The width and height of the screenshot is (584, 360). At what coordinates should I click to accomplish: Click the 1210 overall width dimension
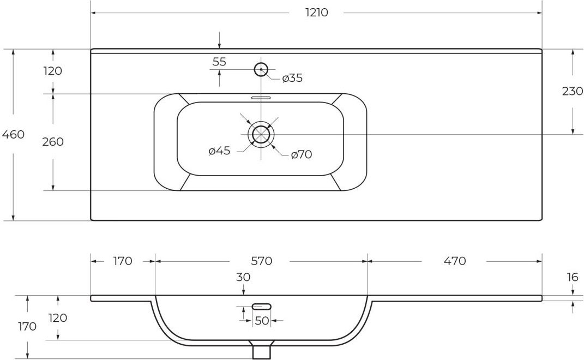click(x=317, y=13)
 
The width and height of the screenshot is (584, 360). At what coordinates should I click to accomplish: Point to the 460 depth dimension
click(x=14, y=134)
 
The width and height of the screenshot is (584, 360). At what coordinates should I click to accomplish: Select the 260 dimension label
click(x=53, y=142)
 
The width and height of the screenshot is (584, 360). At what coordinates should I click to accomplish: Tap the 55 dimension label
click(x=219, y=62)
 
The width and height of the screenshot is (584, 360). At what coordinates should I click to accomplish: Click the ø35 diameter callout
click(x=292, y=78)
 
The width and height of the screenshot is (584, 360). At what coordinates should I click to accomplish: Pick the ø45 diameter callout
click(x=219, y=151)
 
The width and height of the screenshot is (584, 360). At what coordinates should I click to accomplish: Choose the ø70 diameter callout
click(x=302, y=154)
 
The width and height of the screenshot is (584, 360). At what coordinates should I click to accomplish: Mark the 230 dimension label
click(x=573, y=91)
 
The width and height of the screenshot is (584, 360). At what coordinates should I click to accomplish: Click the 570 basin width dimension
click(x=261, y=261)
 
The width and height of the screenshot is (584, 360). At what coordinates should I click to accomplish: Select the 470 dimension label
click(x=455, y=261)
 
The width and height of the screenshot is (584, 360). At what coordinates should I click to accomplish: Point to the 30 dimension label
click(x=243, y=277)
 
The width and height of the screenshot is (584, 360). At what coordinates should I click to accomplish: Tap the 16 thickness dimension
click(x=573, y=277)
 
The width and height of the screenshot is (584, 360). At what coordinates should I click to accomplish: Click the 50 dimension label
click(x=262, y=321)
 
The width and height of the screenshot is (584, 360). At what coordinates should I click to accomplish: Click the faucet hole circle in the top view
click(x=261, y=69)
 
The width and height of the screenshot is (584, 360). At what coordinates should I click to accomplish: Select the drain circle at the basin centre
click(x=261, y=134)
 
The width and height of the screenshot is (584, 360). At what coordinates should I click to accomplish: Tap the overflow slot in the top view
click(x=261, y=98)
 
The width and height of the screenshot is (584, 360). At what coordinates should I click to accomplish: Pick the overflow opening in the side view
click(x=262, y=307)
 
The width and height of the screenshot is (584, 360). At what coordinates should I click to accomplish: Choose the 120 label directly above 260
click(x=53, y=71)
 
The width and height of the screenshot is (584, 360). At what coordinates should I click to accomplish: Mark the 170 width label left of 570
click(x=123, y=261)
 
